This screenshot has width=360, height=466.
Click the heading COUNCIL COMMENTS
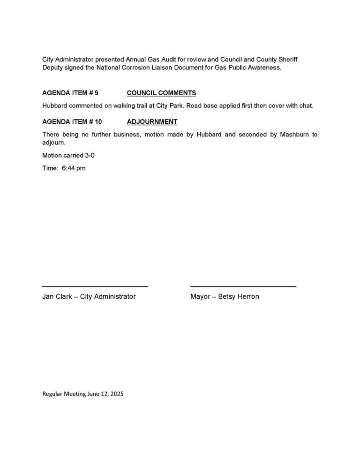pos(161,93)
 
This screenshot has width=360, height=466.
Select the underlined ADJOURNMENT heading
pos(152,122)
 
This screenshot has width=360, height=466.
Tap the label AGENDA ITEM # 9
pos(70,93)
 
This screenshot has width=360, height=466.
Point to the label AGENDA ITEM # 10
pos(72,122)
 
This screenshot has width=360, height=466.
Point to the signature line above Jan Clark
pos(95,286)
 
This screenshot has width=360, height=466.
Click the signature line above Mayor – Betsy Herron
pos(243,286)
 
